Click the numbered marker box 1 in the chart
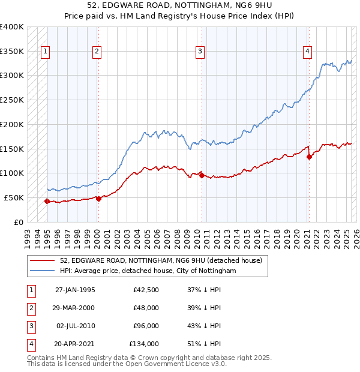(x=46, y=52)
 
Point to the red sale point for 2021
(x=309, y=157)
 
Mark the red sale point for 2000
(x=98, y=199)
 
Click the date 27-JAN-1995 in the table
(x=75, y=290)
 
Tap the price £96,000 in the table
(x=146, y=326)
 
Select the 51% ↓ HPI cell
(x=204, y=344)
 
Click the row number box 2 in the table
(x=30, y=308)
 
